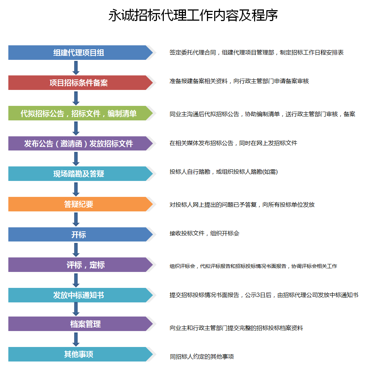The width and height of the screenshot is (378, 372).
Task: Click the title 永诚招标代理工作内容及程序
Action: pos(193,15)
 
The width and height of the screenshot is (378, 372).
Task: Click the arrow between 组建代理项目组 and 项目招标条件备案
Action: pos(76,68)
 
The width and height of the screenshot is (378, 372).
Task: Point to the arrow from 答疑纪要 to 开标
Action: pos(76,219)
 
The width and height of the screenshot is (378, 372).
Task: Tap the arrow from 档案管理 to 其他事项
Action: pos(76,339)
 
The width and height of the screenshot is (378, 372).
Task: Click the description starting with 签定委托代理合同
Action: pos(257,52)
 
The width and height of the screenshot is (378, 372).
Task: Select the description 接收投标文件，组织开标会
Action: pos(204,233)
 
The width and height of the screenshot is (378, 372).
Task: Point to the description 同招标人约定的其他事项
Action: pos(202,356)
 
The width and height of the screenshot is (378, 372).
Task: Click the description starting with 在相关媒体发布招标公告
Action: pos(233,143)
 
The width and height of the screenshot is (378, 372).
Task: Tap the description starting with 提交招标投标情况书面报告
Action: pos(264,295)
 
